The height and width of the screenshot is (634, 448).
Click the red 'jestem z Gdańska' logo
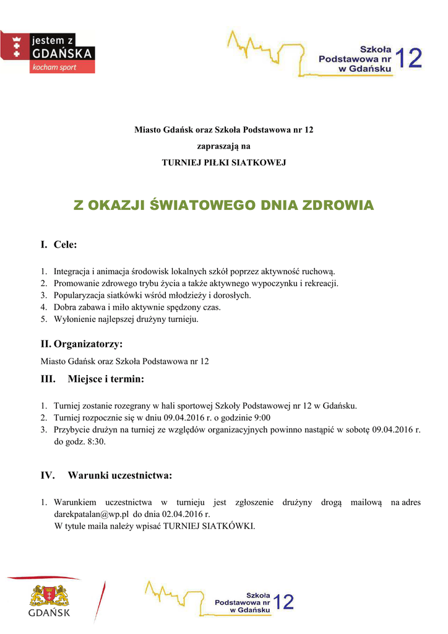coord(48,52)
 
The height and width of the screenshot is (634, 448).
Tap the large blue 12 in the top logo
coord(408,59)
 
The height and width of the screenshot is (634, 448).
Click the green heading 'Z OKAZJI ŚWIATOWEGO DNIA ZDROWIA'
coord(224,206)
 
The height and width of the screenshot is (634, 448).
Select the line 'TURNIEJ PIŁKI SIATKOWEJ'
coord(224,163)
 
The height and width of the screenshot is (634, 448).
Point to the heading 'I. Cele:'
coord(59,245)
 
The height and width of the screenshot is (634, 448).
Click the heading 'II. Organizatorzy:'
coord(82,344)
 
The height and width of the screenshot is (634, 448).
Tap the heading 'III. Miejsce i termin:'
coord(92,378)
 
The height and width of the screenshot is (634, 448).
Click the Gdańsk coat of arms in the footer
coord(49,596)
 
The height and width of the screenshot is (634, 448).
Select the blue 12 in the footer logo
coord(283,602)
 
